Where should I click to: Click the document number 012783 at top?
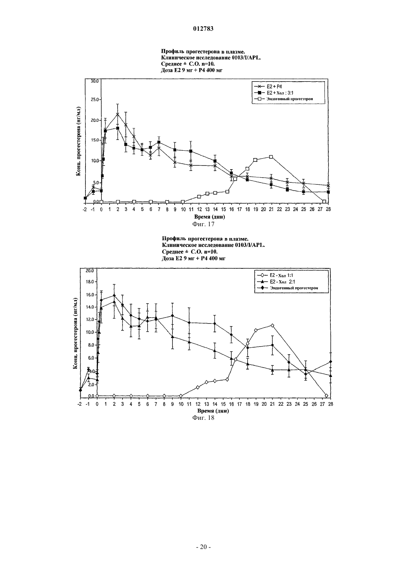(203, 29)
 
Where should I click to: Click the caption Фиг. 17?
(203, 224)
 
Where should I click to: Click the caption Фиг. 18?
(203, 418)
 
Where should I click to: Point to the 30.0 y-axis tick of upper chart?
(95, 81)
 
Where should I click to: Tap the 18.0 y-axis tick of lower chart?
(90, 282)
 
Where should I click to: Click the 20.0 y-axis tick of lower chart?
(90, 271)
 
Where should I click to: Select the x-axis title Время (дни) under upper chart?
(209, 217)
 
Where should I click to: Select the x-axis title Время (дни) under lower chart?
(213, 411)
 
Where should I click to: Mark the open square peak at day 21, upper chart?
(271, 157)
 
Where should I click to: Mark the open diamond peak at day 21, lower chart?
(272, 325)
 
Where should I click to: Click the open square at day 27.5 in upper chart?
(324, 202)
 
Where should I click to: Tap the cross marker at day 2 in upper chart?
(118, 114)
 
